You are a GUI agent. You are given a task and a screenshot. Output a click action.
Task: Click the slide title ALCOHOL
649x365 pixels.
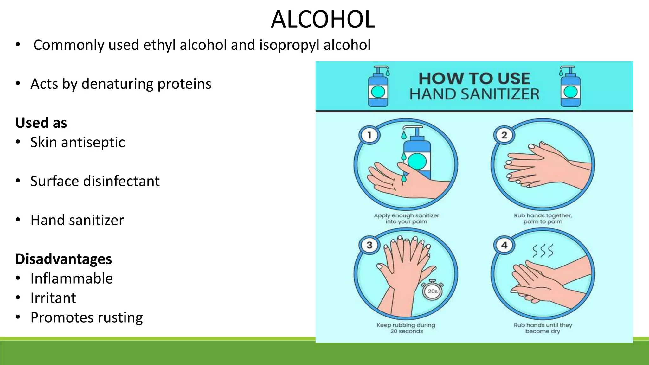click(x=323, y=20)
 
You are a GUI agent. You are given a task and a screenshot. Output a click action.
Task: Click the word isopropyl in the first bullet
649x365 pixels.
click(x=289, y=45)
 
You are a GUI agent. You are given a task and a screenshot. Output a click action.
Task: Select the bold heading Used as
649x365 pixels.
click(x=41, y=123)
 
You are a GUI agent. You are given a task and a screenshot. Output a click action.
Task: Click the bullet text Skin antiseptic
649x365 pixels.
click(x=78, y=142)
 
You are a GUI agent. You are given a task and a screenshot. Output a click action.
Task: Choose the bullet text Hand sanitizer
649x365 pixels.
click(x=77, y=220)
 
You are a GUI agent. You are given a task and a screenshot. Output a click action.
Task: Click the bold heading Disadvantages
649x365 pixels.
click(x=63, y=259)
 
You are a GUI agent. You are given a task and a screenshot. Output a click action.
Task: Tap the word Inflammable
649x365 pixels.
click(x=72, y=279)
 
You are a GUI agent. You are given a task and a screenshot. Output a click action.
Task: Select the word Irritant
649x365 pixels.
click(x=53, y=298)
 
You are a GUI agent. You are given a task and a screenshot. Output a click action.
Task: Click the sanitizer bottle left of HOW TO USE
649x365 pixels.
click(x=378, y=86)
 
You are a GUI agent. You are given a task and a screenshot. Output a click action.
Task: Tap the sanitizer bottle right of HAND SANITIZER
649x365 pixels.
click(x=570, y=86)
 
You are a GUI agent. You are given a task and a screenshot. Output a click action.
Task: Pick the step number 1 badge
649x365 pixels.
click(x=369, y=135)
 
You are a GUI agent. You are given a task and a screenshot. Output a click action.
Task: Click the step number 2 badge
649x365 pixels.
click(x=504, y=135)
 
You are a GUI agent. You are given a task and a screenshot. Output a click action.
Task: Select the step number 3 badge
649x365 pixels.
click(x=369, y=245)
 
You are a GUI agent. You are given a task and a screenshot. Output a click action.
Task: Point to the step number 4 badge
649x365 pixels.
click(x=504, y=245)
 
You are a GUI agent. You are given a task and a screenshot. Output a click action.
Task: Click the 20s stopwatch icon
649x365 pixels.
click(x=433, y=290)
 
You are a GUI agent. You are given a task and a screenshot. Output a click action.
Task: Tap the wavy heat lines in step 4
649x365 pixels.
click(x=543, y=251)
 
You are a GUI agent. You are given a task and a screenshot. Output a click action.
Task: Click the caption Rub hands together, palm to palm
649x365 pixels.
click(x=543, y=219)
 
